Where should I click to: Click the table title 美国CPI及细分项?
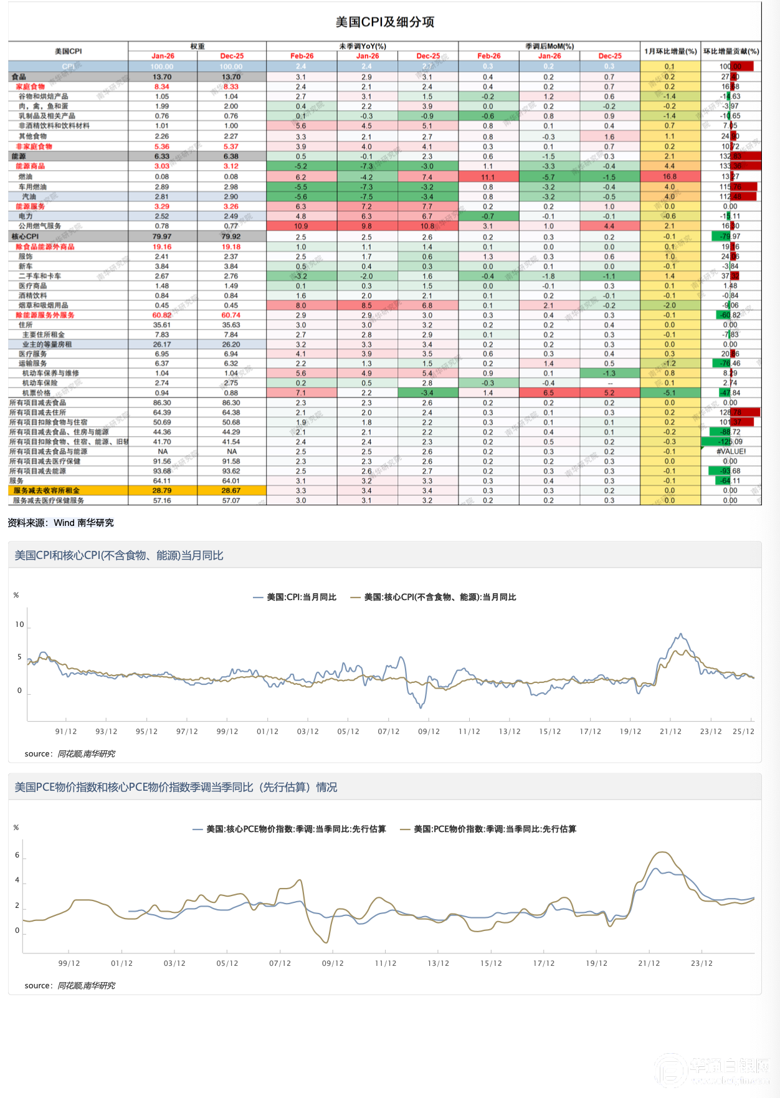[385, 22]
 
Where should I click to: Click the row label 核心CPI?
[26, 237]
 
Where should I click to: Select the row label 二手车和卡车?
[40, 276]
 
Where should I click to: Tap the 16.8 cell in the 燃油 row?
[670, 177]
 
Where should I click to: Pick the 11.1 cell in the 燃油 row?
[488, 177]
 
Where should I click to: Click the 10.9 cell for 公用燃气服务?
[301, 226]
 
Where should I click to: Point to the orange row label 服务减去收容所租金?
[47, 490]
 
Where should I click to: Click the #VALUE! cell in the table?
[731, 452]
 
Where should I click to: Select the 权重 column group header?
[197, 46]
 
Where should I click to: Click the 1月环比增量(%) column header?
[670, 51]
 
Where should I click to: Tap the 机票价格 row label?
[36, 393]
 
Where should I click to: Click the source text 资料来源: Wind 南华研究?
[61, 523]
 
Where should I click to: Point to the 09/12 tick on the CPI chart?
[429, 732]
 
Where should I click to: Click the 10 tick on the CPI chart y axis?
[19, 624]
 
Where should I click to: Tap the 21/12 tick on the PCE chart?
[649, 963]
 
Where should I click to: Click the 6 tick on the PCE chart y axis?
[17, 855]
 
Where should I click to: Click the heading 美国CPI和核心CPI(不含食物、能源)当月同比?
[119, 555]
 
